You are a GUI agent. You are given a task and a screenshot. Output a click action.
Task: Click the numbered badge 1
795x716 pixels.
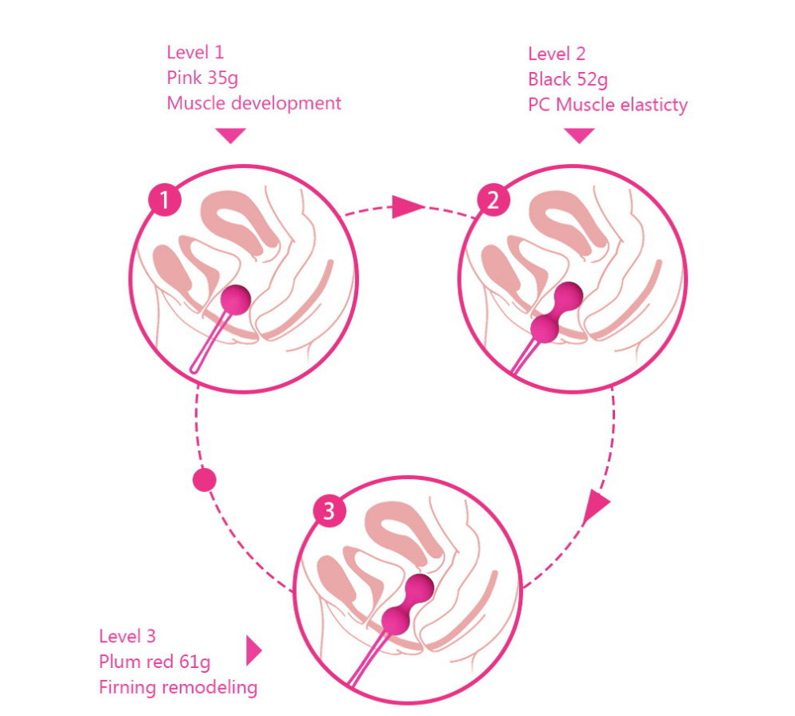click(164, 200)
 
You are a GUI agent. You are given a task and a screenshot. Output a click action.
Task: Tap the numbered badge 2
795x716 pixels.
click(493, 200)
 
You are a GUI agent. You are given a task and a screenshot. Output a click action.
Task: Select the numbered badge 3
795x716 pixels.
click(329, 510)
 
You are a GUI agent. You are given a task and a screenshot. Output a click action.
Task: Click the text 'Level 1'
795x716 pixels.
click(195, 52)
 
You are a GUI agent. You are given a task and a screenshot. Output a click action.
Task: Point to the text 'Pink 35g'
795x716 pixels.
click(202, 78)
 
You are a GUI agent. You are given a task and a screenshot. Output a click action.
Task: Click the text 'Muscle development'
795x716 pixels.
click(254, 103)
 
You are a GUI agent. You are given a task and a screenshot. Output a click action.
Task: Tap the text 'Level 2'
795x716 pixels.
click(557, 54)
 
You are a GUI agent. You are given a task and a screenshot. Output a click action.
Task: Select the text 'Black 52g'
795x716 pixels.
click(568, 79)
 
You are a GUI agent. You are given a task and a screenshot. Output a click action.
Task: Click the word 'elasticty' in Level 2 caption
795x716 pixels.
click(654, 105)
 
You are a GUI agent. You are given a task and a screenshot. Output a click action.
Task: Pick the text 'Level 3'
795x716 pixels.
click(127, 636)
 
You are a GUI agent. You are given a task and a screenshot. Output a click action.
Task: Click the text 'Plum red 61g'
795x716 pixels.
click(154, 662)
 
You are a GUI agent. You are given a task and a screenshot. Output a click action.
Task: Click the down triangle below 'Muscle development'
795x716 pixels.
click(230, 135)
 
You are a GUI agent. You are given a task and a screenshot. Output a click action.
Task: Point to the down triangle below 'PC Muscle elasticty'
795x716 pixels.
click(579, 135)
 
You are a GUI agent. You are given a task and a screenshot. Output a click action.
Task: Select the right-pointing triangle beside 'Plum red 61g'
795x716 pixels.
click(254, 650)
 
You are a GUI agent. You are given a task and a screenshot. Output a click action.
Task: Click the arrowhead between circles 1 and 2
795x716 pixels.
click(407, 206)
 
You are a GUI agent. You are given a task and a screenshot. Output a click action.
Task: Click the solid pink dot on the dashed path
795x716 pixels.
click(205, 480)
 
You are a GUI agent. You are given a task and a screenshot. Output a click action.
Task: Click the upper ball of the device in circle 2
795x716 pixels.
click(569, 297)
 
